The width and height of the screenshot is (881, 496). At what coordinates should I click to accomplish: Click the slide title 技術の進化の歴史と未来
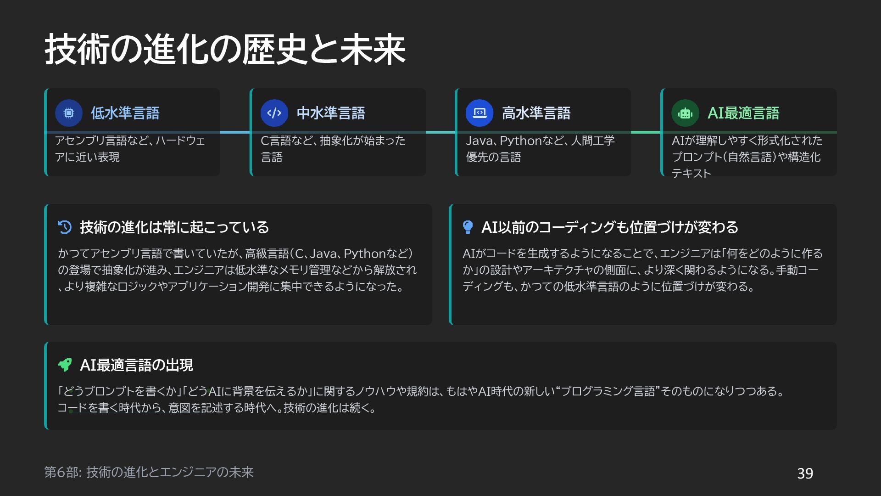click(x=225, y=49)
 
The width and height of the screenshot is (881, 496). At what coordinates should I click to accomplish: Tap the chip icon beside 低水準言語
click(x=69, y=113)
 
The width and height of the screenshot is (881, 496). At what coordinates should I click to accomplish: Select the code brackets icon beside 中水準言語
click(x=274, y=113)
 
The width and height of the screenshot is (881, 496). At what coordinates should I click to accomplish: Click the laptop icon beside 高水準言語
click(x=480, y=113)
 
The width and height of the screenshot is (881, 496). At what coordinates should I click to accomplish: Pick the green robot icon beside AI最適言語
click(x=685, y=113)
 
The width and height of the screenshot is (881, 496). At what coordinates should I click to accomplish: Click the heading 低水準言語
click(x=125, y=113)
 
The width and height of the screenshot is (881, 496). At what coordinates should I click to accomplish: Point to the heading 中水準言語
click(x=331, y=113)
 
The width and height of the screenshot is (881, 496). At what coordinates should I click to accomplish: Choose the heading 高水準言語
click(x=536, y=113)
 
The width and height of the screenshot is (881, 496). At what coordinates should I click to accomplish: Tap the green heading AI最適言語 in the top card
click(x=743, y=113)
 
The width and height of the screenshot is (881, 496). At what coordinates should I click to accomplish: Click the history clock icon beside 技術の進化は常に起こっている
click(x=65, y=227)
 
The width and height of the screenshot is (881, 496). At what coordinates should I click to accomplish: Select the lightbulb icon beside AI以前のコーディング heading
click(x=468, y=227)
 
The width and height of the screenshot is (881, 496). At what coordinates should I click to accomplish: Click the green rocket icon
click(x=65, y=365)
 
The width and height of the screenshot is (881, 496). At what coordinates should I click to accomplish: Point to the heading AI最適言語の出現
click(x=136, y=365)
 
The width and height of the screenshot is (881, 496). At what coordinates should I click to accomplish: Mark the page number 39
click(x=805, y=473)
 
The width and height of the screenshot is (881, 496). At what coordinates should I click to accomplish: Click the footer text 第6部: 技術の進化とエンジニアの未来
click(x=149, y=472)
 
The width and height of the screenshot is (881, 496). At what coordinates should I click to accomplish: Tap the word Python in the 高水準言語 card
click(x=521, y=141)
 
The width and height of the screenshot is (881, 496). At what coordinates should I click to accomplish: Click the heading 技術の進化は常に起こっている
click(x=174, y=227)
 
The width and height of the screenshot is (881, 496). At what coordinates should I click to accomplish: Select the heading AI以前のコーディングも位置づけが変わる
click(x=610, y=227)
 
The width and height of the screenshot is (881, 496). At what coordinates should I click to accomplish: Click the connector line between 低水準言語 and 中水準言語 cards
click(x=235, y=132)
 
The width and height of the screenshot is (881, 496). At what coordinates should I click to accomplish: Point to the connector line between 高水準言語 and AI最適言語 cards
click(x=646, y=132)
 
